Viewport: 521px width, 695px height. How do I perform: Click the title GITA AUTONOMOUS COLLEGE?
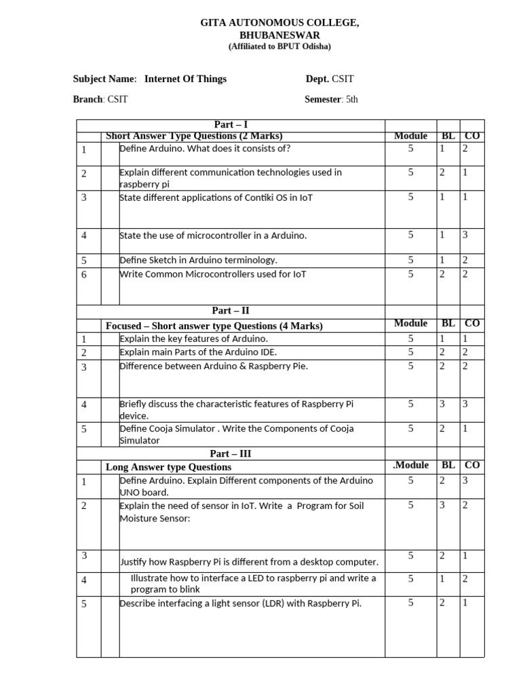click(x=279, y=23)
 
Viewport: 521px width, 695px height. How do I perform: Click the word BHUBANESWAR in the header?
click(x=279, y=35)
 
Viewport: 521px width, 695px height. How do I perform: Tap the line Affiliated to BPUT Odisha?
click(x=279, y=46)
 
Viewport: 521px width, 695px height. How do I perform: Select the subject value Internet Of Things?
click(x=185, y=79)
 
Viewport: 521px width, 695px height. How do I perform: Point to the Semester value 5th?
click(x=351, y=99)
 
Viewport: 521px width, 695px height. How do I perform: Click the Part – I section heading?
click(x=231, y=124)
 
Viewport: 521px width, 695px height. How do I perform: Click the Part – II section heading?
click(x=231, y=311)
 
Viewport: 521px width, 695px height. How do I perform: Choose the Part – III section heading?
click(x=231, y=453)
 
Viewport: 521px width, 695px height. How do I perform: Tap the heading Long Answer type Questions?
click(x=168, y=467)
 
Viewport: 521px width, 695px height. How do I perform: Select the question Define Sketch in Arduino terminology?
click(x=198, y=260)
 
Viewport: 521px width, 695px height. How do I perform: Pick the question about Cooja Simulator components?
click(x=236, y=434)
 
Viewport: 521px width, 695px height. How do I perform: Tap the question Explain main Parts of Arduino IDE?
click(x=198, y=352)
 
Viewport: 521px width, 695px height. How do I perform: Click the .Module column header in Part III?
click(x=410, y=466)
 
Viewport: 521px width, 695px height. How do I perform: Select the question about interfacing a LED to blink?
click(x=252, y=584)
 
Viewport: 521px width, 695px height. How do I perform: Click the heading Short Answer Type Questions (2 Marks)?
click(x=194, y=136)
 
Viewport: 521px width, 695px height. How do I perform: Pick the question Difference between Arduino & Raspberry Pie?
click(x=213, y=366)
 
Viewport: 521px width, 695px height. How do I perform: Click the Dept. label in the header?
click(x=317, y=79)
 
